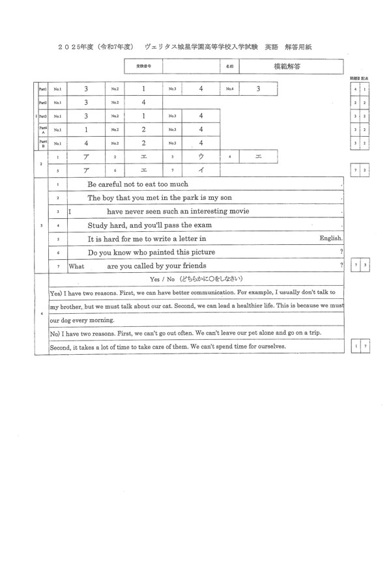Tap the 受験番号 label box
pyautogui.click(x=143, y=66)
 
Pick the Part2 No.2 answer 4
pyautogui.click(x=143, y=102)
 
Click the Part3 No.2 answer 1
pyautogui.click(x=143, y=116)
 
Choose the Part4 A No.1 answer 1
pyautogui.click(x=86, y=130)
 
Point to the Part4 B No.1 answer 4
pyautogui.click(x=86, y=143)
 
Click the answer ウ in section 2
pyautogui.click(x=201, y=157)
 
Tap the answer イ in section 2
pyautogui.click(x=201, y=171)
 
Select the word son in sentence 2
pyautogui.click(x=225, y=197)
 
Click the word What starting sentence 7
pyautogui.click(x=76, y=266)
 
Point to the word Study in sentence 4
pyautogui.click(x=98, y=225)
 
